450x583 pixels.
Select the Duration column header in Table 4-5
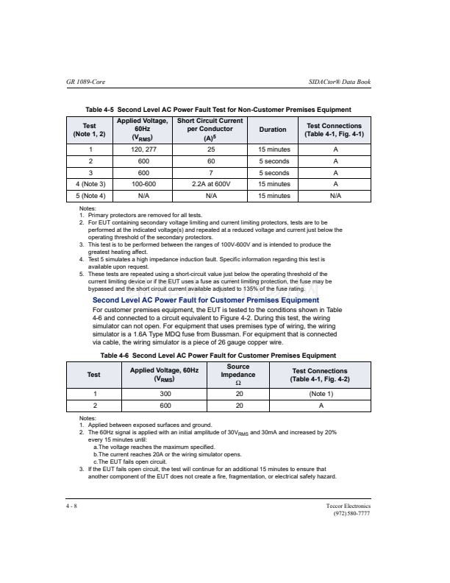[x=273, y=130]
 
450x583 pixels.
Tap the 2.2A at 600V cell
[x=210, y=184]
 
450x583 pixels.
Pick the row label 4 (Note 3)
[x=90, y=184]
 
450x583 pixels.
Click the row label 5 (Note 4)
[x=90, y=196]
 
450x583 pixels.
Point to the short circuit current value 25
[x=210, y=149]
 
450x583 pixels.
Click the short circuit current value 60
[x=210, y=161]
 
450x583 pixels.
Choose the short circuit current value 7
[x=210, y=172]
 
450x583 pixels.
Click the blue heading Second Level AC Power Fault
[x=206, y=300]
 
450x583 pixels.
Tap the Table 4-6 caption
[x=218, y=356]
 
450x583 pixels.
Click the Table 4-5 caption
[x=218, y=110]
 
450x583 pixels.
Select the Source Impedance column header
[x=238, y=375]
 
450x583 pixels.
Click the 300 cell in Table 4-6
[x=165, y=394]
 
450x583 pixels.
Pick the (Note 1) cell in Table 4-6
[x=321, y=394]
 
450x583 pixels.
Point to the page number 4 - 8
[x=71, y=506]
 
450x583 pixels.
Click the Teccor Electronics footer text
[x=348, y=506]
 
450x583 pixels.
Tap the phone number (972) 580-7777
[x=352, y=514]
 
